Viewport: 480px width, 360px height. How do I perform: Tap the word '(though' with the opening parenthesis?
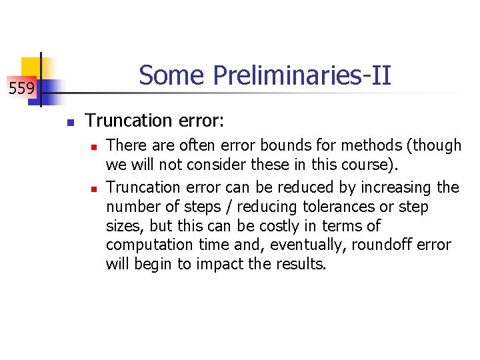[x=437, y=145]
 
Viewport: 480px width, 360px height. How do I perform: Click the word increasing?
[x=395, y=187]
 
